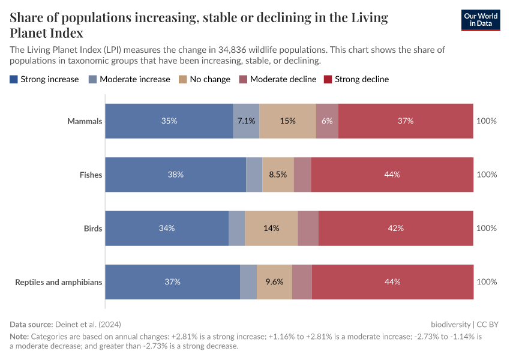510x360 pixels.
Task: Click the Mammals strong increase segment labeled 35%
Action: [x=169, y=121]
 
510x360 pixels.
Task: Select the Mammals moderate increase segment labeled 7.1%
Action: [x=246, y=121]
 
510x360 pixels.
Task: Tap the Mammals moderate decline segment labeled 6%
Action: [x=327, y=121]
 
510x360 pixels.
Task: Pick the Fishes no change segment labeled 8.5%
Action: [x=278, y=175]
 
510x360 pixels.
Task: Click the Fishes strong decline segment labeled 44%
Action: [x=392, y=175]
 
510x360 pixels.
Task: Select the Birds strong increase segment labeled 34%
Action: [x=167, y=228]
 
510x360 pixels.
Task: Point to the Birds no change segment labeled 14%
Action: [x=271, y=228]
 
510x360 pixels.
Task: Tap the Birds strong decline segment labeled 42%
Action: [x=396, y=228]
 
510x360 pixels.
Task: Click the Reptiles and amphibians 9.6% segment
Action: [x=274, y=282]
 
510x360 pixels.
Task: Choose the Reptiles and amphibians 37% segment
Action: [x=172, y=282]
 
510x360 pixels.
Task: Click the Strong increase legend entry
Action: [x=44, y=79]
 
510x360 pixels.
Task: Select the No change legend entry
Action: [x=205, y=79]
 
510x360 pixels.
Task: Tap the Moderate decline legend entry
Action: [x=278, y=79]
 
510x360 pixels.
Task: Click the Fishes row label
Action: [x=91, y=175]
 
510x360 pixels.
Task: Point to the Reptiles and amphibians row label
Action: [x=59, y=282]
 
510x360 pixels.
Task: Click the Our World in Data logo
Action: [x=480, y=20]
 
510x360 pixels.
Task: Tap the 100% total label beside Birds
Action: [x=486, y=228]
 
